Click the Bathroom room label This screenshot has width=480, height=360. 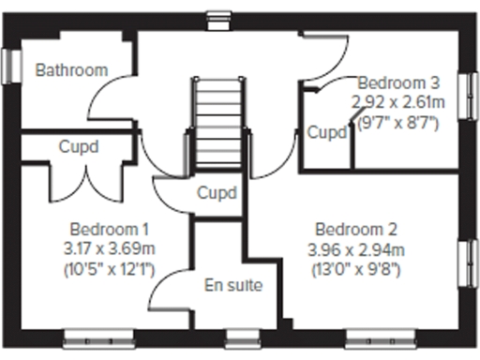[x=71, y=69]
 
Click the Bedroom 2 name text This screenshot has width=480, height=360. [x=356, y=229]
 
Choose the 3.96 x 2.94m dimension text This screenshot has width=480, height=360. [x=356, y=248]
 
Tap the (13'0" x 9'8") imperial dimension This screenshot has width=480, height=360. [x=356, y=269]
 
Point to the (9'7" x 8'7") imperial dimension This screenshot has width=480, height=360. [x=396, y=119]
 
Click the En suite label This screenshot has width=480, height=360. [x=233, y=285]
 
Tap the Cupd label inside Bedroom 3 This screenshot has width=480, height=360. [x=326, y=132]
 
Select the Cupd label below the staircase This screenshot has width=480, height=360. [x=217, y=193]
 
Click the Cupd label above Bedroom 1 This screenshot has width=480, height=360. [x=79, y=147]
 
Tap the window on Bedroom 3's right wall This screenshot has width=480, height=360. [x=466, y=99]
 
